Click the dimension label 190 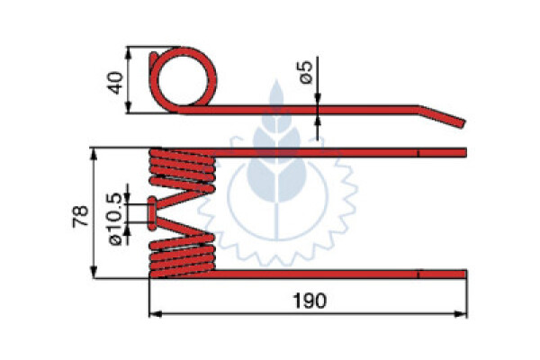309,301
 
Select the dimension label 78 81,216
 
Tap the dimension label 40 115,83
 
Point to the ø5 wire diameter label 306,72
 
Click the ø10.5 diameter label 115,219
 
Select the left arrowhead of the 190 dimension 156,314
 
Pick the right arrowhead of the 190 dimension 461,314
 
